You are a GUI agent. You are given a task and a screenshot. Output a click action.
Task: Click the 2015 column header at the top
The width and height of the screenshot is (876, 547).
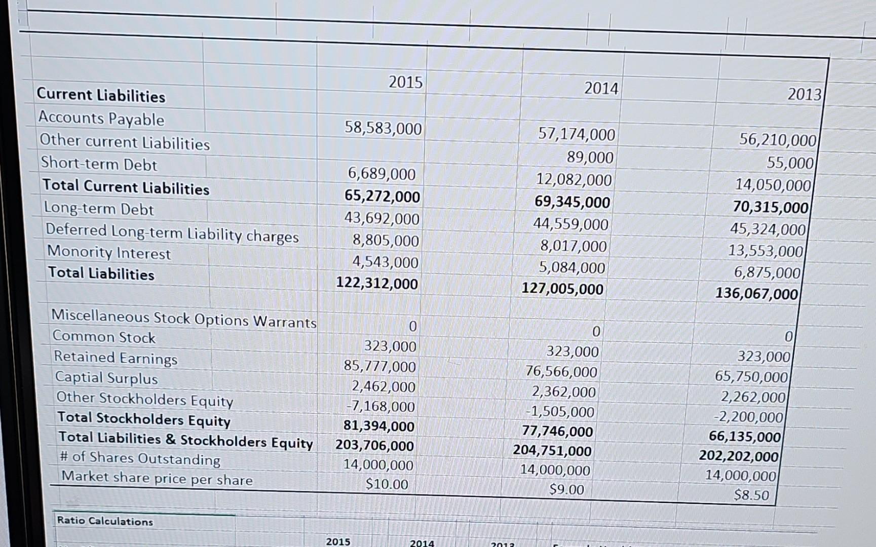point(405,82)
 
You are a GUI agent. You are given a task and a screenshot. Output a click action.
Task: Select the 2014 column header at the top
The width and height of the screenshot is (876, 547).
point(601,89)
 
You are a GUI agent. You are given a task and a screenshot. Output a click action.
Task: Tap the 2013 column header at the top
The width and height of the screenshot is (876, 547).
point(804,94)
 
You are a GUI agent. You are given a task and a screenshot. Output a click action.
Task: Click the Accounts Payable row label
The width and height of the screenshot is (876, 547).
point(101,119)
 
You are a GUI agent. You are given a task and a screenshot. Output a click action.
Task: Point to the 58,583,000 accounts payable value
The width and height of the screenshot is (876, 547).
point(383,128)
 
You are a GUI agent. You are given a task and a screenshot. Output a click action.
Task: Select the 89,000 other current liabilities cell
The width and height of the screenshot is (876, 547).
point(590,158)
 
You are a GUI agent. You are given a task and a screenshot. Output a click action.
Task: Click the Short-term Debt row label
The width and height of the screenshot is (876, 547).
point(99,164)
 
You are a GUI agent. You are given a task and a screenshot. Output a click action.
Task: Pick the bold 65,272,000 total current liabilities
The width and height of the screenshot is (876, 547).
point(382,197)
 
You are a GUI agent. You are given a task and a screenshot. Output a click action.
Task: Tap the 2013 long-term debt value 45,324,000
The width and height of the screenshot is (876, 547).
point(768,229)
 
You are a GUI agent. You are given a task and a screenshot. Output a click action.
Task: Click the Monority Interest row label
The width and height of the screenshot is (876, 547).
point(109,252)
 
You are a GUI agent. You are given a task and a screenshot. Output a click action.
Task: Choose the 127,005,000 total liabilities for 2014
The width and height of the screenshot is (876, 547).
point(562,289)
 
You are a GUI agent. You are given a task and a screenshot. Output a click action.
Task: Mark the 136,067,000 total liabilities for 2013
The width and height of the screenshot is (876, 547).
point(756,294)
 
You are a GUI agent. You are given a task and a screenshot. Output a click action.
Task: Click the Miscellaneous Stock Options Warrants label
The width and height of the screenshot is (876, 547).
point(183,319)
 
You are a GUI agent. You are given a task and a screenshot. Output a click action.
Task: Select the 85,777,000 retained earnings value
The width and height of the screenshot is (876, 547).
point(379,366)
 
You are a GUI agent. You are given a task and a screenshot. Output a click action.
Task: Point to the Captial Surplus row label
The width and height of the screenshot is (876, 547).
point(106,378)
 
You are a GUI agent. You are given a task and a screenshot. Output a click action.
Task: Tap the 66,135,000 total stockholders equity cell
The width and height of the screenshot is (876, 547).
point(744,437)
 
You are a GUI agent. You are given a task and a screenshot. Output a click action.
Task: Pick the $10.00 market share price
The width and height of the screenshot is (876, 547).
point(387,485)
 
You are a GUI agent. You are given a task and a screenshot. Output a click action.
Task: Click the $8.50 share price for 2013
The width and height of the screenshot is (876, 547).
point(751,495)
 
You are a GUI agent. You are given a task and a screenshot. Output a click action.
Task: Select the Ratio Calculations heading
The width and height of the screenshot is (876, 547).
point(105,521)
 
